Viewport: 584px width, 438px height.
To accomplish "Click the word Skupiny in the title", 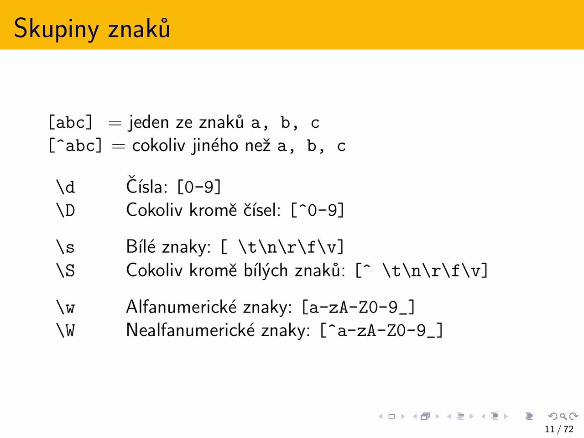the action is (x=56, y=29).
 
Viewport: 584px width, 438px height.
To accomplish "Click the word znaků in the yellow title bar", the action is (x=139, y=28).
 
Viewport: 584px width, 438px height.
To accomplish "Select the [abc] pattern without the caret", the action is (x=71, y=122).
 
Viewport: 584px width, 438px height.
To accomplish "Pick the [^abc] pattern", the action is (x=75, y=146).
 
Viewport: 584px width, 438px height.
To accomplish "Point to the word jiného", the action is (x=214, y=146).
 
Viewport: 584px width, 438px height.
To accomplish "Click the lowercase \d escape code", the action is (x=65, y=187).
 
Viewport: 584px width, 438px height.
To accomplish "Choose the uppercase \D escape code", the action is (x=65, y=210).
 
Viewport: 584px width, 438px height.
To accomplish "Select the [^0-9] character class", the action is (x=318, y=210).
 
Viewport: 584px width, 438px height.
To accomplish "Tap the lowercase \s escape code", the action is (x=65, y=246).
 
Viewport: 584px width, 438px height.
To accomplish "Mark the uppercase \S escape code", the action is (x=65, y=270).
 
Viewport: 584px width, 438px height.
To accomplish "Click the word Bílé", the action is (x=141, y=246).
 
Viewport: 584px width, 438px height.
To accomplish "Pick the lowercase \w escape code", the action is (x=65, y=307).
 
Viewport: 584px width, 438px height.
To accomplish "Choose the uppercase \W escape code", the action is (x=65, y=330).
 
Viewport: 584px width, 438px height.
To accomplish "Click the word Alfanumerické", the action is (x=181, y=307).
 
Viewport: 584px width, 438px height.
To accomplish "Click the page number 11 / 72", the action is (x=559, y=429).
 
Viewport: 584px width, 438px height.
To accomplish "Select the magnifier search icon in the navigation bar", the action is (x=563, y=416).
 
